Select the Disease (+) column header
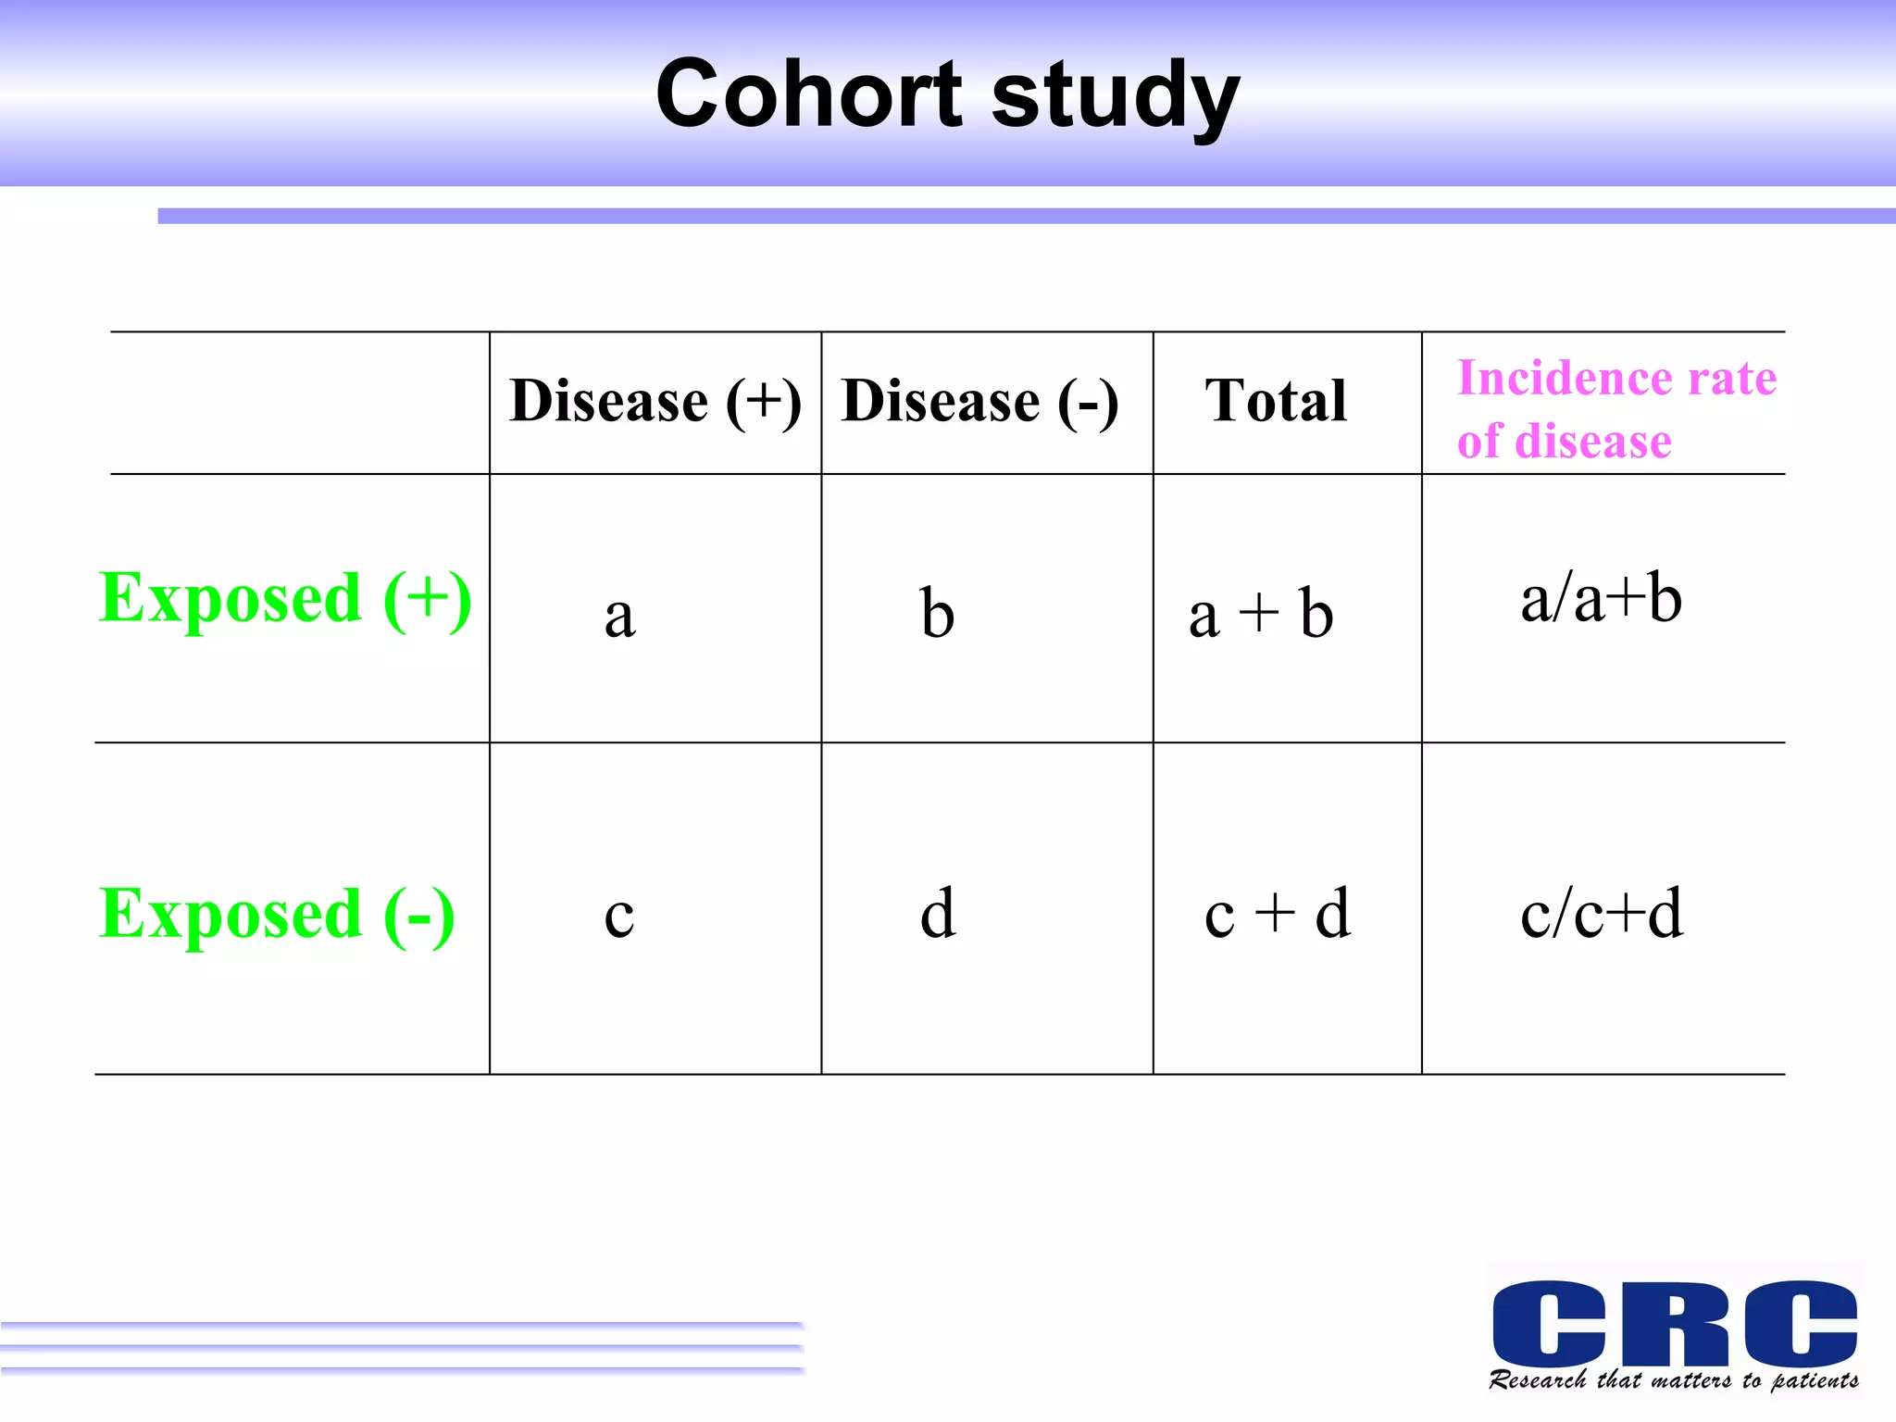655,402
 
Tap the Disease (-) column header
980,402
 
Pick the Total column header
1276,402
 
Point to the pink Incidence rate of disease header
1615,408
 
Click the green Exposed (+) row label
285,599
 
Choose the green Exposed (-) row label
277,915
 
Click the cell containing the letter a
619,616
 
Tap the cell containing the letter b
937,613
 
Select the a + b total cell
1261,614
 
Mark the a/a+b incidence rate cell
1601,599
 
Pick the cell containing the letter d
938,914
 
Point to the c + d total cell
1278,915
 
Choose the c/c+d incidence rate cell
1602,915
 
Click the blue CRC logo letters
1674,1322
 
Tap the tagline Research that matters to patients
1674,1380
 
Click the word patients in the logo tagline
1815,1381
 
